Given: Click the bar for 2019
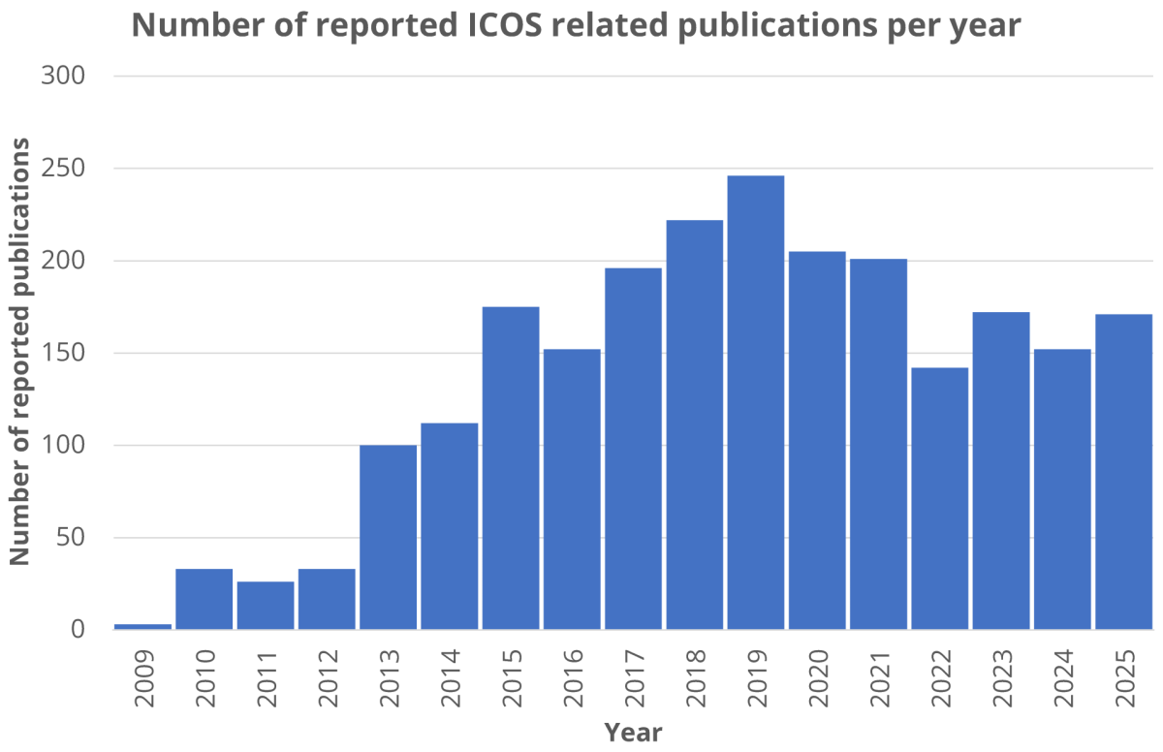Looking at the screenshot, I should pyautogui.click(x=756, y=402).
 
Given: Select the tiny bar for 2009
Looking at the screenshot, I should pyautogui.click(x=143, y=626).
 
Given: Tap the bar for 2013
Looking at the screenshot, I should pyautogui.click(x=388, y=538).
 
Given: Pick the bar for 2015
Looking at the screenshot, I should pyautogui.click(x=511, y=468).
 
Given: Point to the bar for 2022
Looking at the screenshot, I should pyautogui.click(x=940, y=499).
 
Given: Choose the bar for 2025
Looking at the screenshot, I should pyautogui.click(x=1124, y=472).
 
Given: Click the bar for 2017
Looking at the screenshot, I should pyautogui.click(x=633, y=449).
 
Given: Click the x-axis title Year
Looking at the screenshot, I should pyautogui.click(x=633, y=733).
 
